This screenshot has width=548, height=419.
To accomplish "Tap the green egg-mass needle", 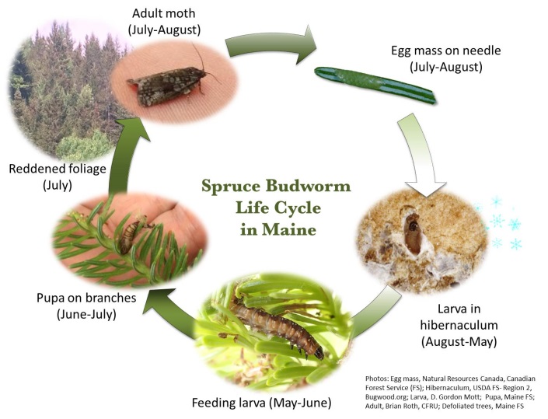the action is tap(375, 85).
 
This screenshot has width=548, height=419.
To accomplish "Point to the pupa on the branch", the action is tap(130, 234).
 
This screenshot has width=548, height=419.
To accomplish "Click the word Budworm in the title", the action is tap(312, 186).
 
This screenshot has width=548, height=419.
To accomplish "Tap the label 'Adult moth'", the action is tap(163, 14).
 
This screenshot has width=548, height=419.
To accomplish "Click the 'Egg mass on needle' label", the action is tap(445, 51).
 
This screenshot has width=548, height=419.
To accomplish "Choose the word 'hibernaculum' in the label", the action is tap(459, 326).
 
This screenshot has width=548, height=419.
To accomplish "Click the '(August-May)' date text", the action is tap(459, 341).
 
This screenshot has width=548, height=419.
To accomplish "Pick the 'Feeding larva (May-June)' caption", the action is tap(261, 403).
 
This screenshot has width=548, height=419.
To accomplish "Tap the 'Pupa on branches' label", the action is tap(86, 298).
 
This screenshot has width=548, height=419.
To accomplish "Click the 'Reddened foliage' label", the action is tap(58, 169).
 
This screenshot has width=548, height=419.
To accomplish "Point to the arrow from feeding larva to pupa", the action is tap(171, 311).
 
